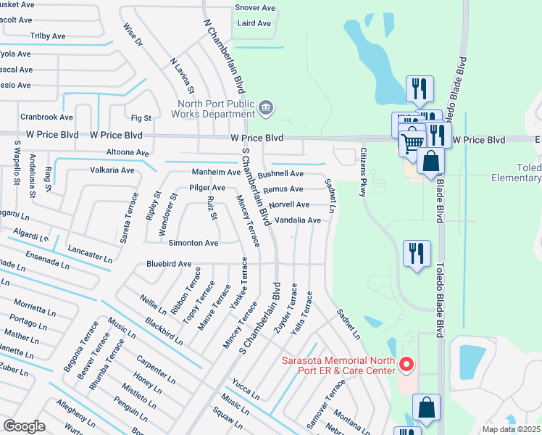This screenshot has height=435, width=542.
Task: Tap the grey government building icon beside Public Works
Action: pos(266,109)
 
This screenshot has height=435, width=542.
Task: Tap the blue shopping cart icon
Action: pos(412,142)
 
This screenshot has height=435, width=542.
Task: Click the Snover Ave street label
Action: pos(255,8)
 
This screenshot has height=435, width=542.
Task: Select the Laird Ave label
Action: pos(254,23)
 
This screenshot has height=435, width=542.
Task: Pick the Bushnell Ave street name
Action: pos(280,174)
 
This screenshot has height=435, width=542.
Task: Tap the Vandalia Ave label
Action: pos(298,220)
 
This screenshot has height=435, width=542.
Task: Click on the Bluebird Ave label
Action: pos(169,264)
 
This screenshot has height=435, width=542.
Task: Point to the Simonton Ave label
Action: pos(193,243)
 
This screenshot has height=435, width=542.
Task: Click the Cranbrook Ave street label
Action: pos(46,117)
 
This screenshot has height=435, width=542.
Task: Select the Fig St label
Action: pos(141,118)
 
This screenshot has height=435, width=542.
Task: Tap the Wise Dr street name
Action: pos(133,35)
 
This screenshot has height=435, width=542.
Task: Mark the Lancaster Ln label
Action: pos(91,253)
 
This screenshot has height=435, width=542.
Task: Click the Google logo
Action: pos(24,426)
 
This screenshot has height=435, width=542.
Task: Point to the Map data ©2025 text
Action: pos(511,429)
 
